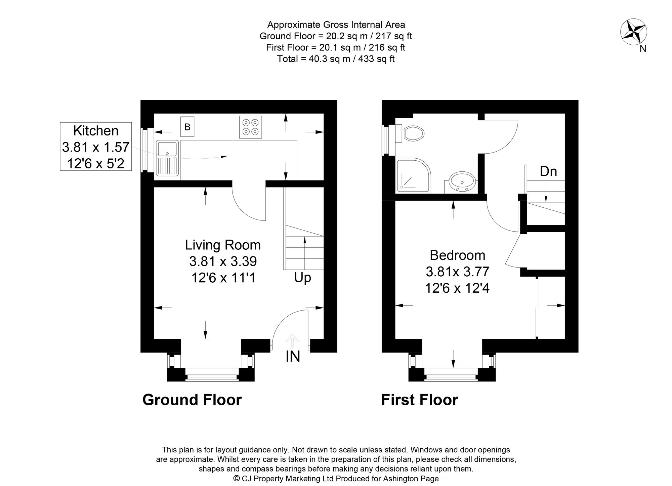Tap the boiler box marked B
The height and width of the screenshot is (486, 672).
tap(187, 127)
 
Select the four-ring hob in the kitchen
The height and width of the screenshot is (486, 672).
tap(250, 127)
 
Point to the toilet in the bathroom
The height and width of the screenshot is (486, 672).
tap(411, 133)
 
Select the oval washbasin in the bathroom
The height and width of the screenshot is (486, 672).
tap(462, 181)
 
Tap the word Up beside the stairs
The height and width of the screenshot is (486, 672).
tap(302, 278)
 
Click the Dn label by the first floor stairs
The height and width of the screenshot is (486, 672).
tap(548, 172)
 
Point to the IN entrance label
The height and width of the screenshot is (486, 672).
tap(293, 356)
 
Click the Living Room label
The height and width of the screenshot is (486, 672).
tap(223, 245)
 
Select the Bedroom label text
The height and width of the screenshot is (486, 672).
tap(457, 255)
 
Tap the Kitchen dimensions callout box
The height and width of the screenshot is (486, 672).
tap(96, 147)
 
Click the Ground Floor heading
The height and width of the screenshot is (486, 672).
tap(192, 400)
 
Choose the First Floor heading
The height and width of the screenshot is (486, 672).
tap(419, 400)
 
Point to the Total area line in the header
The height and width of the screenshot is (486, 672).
tap(336, 59)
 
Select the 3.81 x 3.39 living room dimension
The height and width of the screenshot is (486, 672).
tap(223, 261)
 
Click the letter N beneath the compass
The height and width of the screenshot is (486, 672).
tap(643, 49)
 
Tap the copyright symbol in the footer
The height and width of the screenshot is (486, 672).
tap(237, 479)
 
